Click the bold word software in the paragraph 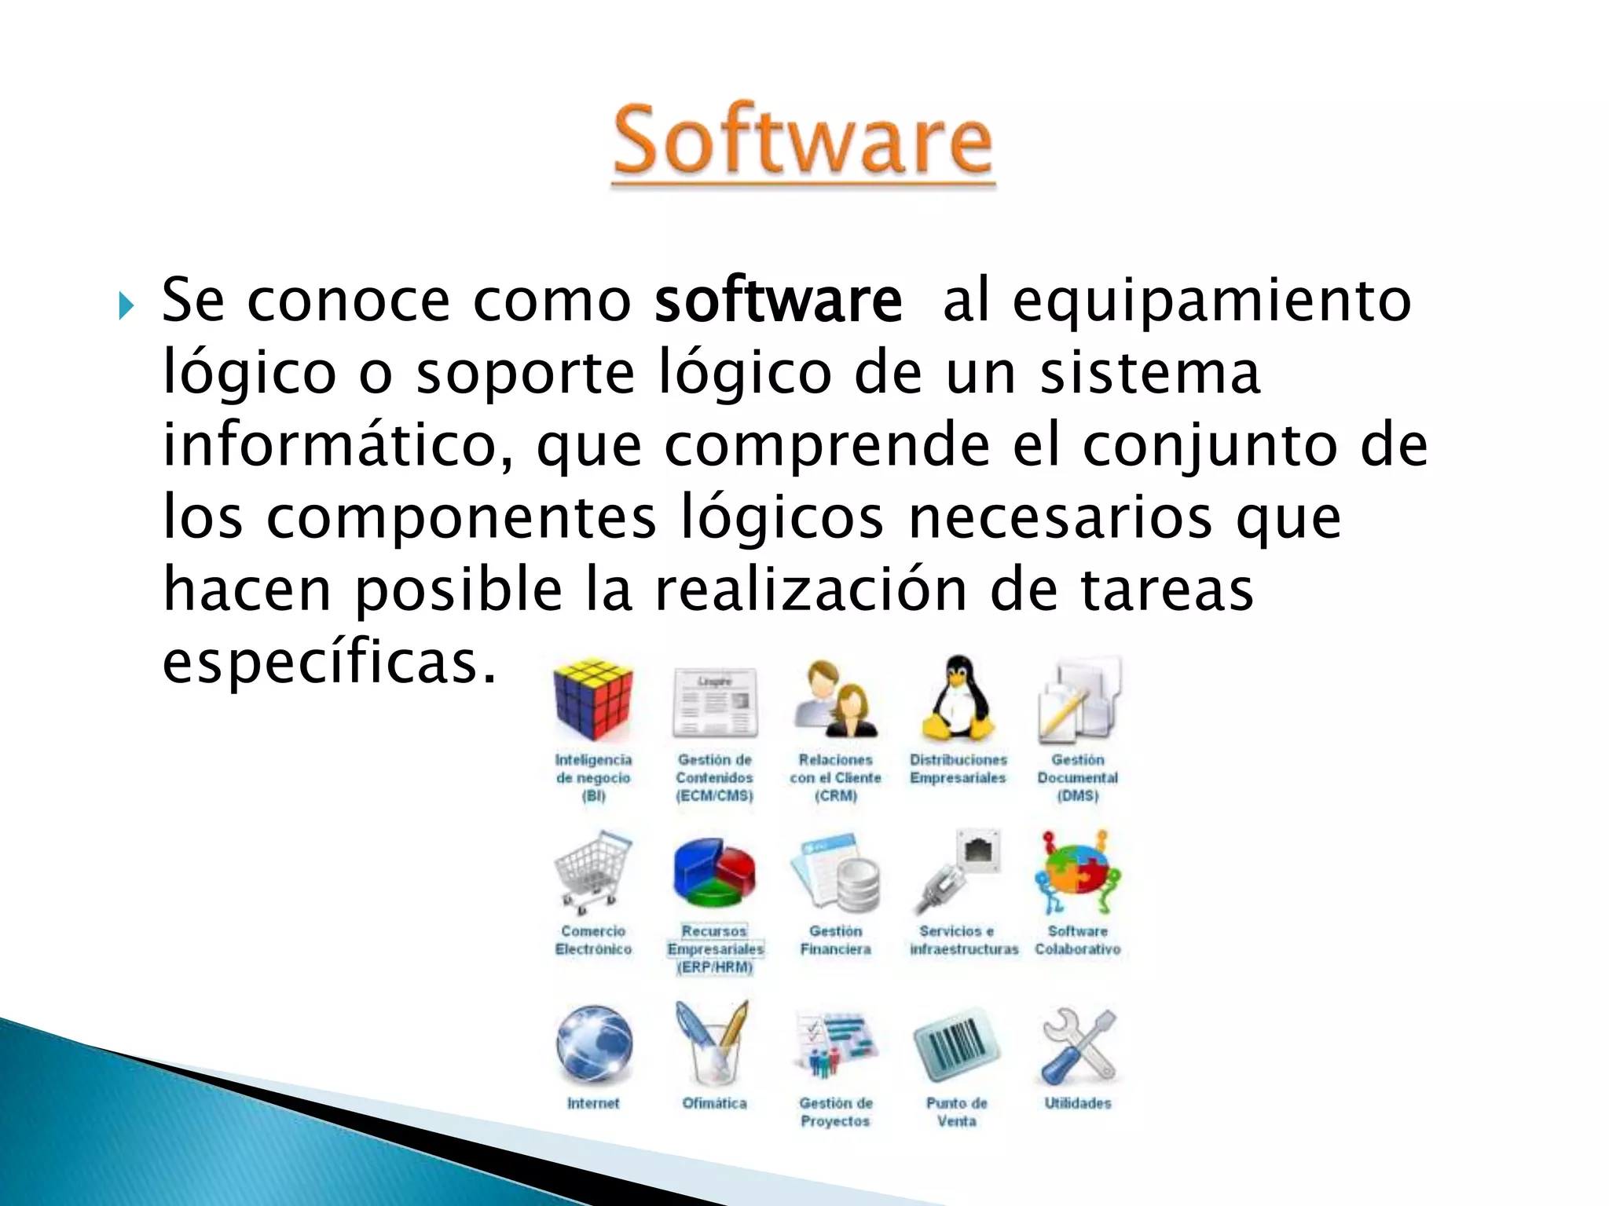tap(779, 301)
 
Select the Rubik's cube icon tap(593, 700)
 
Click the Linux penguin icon tap(958, 698)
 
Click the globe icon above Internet tap(594, 1044)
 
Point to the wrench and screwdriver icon tap(1078, 1045)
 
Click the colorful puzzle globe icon tap(1077, 872)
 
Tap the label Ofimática tap(714, 1103)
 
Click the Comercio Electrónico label tap(593, 940)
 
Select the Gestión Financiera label tap(835, 940)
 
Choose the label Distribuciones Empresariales tap(958, 769)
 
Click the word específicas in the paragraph tap(330, 662)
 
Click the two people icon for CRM tap(836, 700)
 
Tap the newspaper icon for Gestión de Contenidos tap(715, 701)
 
